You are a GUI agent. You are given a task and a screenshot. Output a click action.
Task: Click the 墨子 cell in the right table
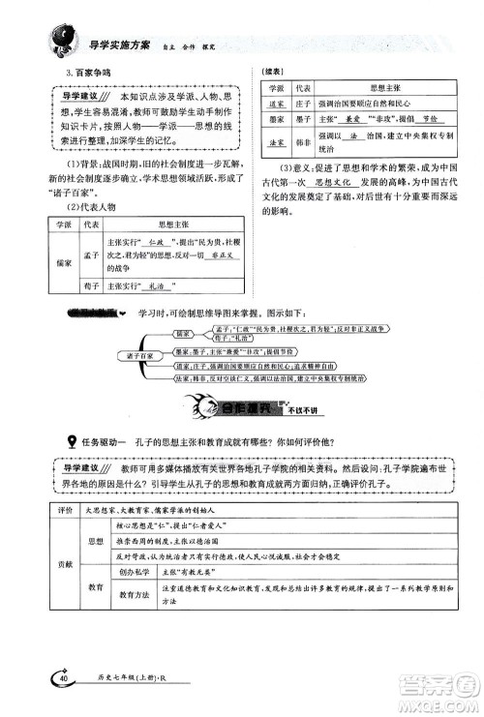(301, 116)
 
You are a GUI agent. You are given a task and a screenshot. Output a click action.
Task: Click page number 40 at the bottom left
(64, 678)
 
